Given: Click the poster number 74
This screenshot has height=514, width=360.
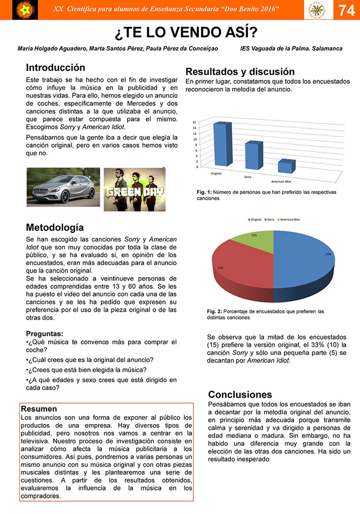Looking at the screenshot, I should tap(346, 11).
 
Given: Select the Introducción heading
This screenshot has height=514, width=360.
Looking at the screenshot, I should tap(56, 68).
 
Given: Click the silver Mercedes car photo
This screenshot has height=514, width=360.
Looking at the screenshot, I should tap(63, 187).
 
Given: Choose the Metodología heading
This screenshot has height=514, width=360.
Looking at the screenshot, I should tap(55, 228).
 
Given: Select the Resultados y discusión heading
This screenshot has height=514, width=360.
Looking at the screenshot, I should tap(240, 72).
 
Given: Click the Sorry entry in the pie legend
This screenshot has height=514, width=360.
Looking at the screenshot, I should tap(271, 220).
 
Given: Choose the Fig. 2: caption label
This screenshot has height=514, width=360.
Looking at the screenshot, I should tap(215, 312).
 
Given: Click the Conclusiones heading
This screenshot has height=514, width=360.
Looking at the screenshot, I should tap(240, 395).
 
